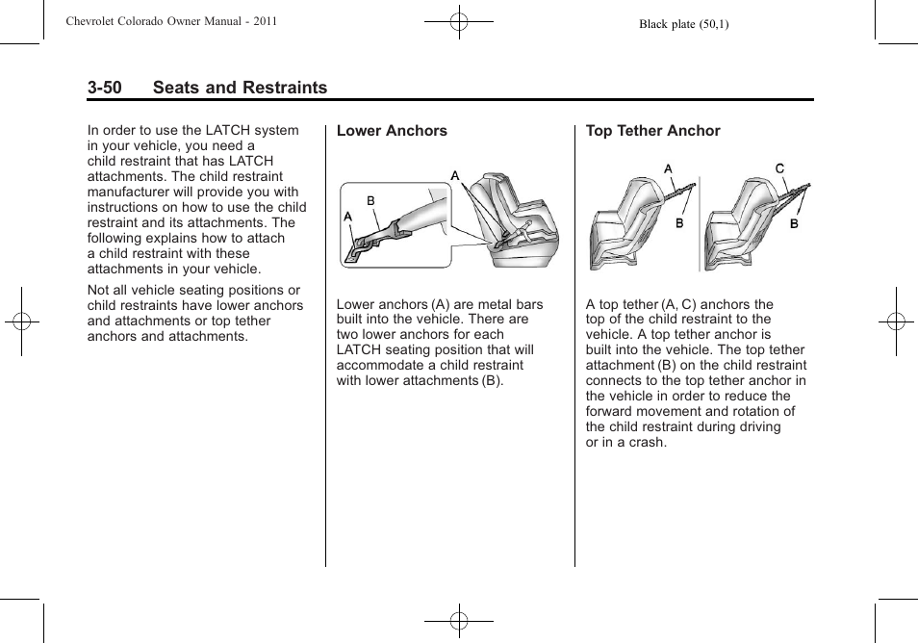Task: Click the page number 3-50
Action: [104, 88]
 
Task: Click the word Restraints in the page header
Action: [284, 88]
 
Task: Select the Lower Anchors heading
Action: [392, 131]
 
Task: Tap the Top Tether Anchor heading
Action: [652, 131]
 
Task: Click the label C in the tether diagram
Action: [780, 168]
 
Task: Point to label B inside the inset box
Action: [370, 201]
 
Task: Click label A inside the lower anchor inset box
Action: [348, 218]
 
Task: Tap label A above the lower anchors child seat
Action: [455, 175]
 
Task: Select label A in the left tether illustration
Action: [668, 168]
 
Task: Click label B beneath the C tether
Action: [794, 223]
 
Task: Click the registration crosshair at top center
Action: [458, 21]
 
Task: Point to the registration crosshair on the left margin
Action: [20, 321]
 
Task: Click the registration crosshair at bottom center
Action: [458, 621]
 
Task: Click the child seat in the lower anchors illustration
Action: [515, 221]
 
